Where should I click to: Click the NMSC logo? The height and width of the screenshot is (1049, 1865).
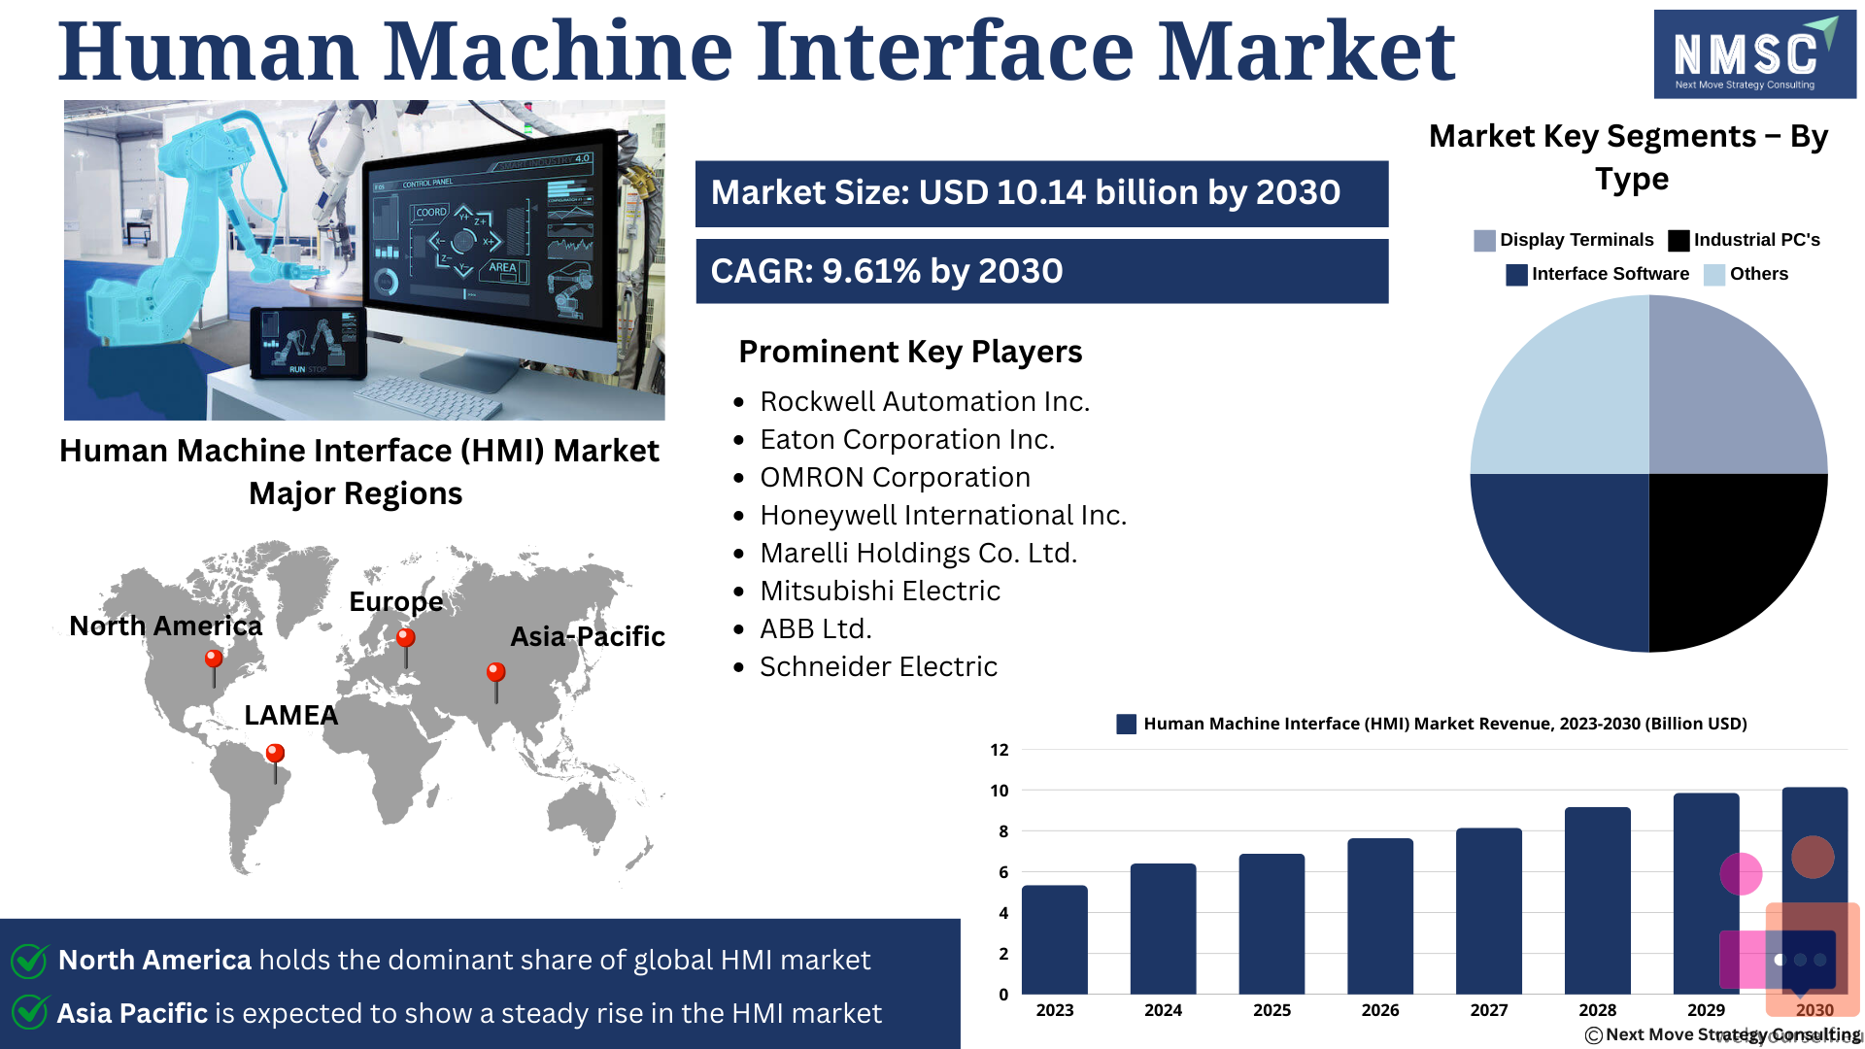pos(1754,54)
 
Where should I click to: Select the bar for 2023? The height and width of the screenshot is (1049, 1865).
pos(1055,939)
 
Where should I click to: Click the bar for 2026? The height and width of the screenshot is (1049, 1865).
pos(1380,916)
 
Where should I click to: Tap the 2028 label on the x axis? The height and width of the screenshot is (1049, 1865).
pos(1598,1010)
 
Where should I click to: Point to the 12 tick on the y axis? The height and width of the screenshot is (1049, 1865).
pos(1000,750)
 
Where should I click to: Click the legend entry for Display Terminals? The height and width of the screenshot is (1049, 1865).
pos(1563,240)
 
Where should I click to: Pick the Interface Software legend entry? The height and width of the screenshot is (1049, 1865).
pos(1597,274)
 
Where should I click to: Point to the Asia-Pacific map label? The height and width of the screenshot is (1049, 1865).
pos(588,636)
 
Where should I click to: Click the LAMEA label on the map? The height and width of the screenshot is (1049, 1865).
pos(290,715)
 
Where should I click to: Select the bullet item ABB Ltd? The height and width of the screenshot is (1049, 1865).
pos(816,628)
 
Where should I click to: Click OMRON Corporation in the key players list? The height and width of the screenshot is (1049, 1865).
pos(895,477)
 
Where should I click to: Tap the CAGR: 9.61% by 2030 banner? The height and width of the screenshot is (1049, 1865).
pos(1041,271)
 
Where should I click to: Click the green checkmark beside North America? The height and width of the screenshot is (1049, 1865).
pos(29,960)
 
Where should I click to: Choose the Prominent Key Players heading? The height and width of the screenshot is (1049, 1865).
pos(910,352)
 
